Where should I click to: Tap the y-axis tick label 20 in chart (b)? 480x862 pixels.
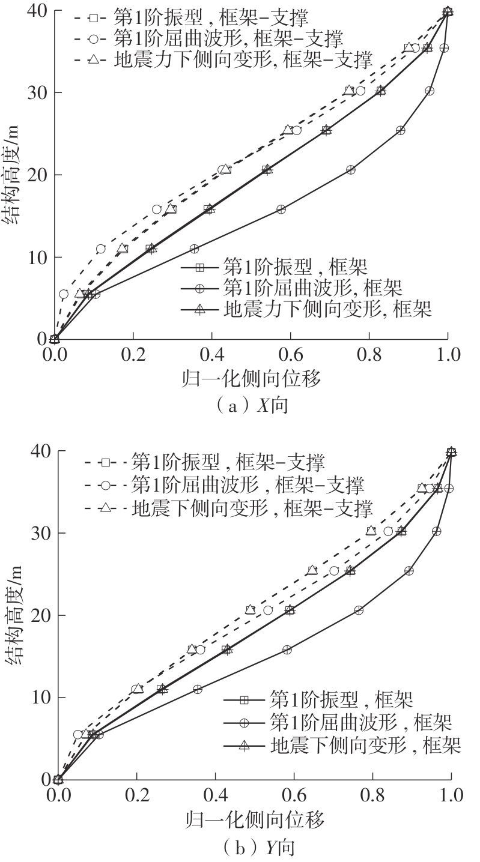click(37, 615)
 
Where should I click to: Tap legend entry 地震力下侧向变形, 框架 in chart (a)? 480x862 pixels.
click(307, 309)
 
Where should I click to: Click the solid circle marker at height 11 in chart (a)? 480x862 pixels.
click(194, 249)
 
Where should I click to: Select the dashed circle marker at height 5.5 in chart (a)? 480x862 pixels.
click(64, 294)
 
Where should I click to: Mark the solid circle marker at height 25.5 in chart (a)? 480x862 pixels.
click(400, 130)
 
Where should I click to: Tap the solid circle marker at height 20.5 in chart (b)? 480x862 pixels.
click(359, 610)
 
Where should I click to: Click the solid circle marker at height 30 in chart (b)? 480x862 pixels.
click(437, 531)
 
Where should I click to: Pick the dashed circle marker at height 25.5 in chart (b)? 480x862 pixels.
click(334, 571)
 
